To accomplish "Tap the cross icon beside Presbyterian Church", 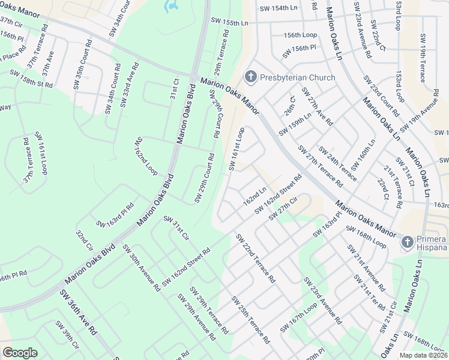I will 250,77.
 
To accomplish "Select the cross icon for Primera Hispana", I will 407,242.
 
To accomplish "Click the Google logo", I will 20,352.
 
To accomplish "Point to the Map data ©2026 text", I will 424,355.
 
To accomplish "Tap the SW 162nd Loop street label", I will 145,156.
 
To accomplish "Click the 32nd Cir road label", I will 85,240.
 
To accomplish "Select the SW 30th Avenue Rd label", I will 141,268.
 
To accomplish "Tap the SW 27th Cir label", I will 283,207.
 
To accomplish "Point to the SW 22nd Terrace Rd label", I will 256,259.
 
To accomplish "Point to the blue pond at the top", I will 172,6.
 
